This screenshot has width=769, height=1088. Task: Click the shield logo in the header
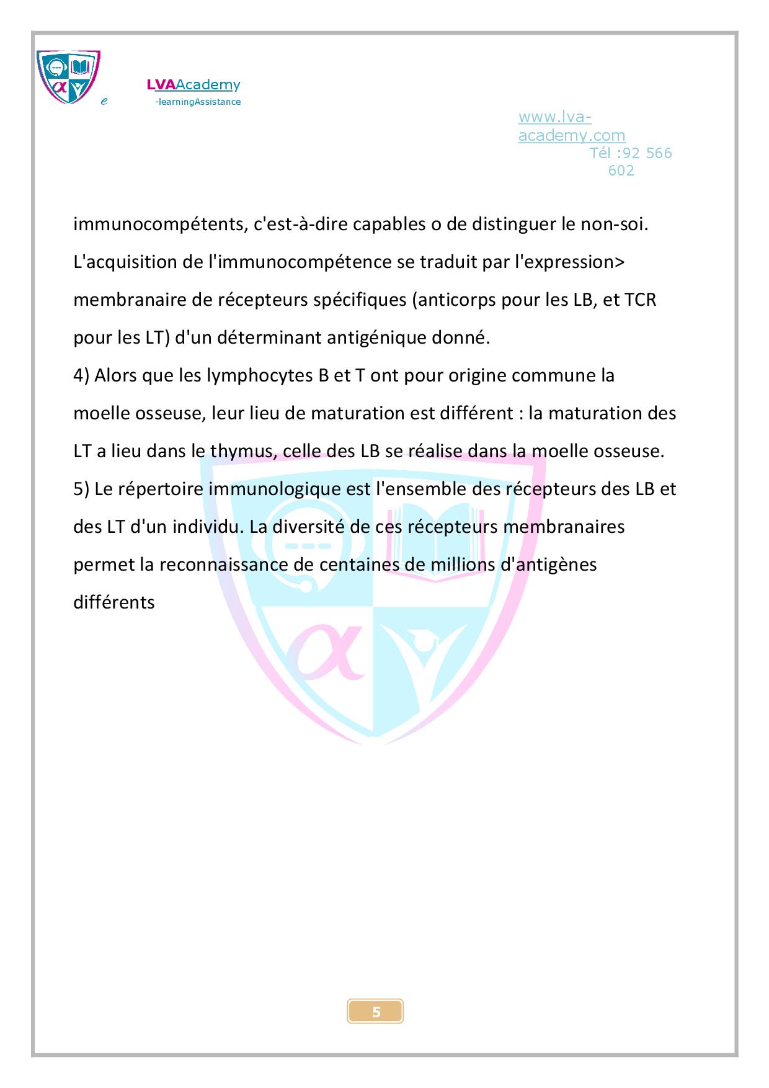[68, 77]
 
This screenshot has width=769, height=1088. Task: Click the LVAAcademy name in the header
[193, 85]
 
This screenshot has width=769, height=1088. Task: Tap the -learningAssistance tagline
[197, 102]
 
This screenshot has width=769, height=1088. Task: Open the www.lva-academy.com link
[571, 126]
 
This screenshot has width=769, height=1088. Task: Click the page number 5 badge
[375, 1012]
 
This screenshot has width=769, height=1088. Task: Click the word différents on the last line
[114, 602]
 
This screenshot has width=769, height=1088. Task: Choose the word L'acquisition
[125, 262]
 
